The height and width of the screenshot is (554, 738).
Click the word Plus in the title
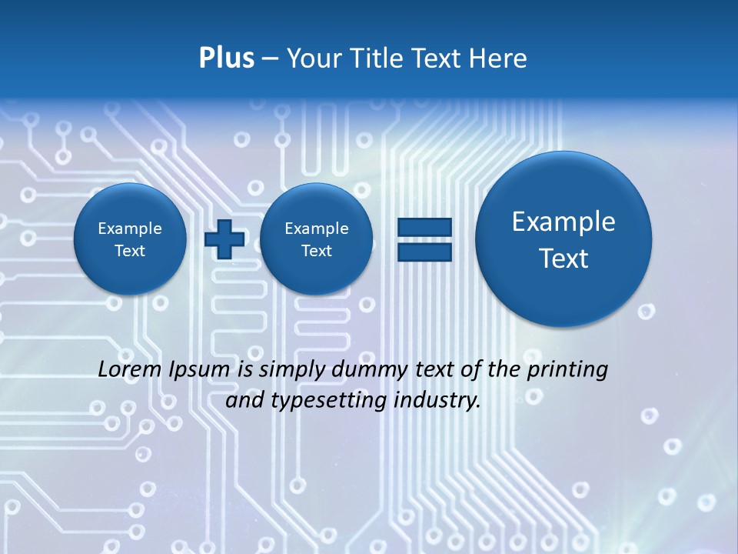pyautogui.click(x=226, y=58)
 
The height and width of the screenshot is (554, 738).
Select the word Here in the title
pyautogui.click(x=498, y=58)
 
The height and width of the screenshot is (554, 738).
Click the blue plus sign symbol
pyautogui.click(x=224, y=239)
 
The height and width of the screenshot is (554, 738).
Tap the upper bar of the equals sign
pyautogui.click(x=424, y=227)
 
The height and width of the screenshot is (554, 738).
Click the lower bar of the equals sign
pyautogui.click(x=424, y=252)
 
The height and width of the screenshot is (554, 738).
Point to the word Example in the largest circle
pyautogui.click(x=563, y=222)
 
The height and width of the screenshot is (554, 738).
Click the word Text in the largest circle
pyautogui.click(x=563, y=259)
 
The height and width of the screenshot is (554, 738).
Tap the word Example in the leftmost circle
pyautogui.click(x=130, y=229)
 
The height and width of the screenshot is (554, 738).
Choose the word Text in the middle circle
pyautogui.click(x=316, y=251)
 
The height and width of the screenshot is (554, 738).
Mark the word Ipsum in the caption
pyautogui.click(x=199, y=369)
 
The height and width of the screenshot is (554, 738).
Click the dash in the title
pyautogui.click(x=270, y=58)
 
